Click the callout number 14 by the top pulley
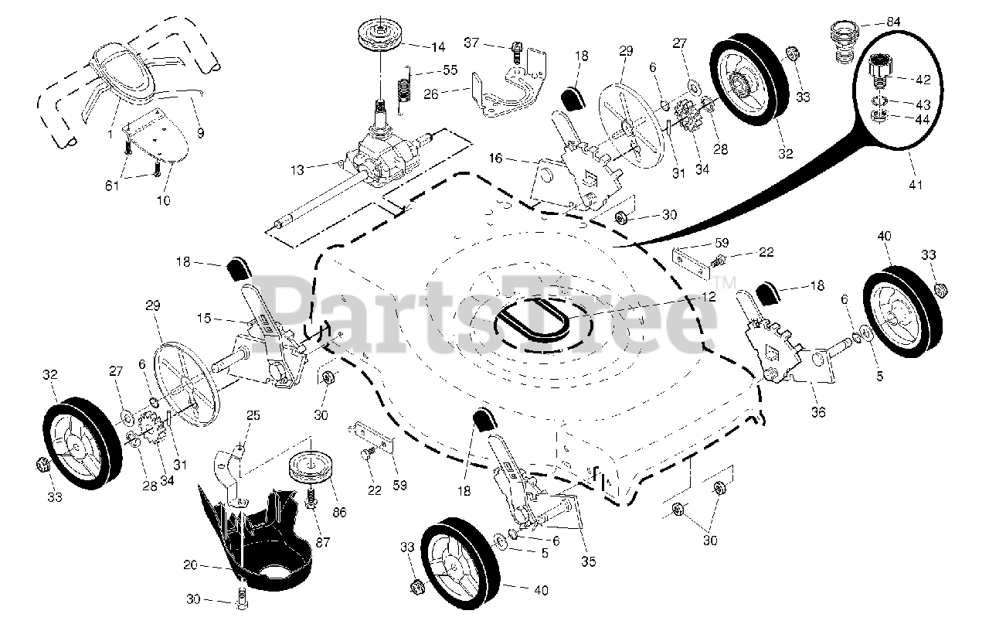coord(438,47)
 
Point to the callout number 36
coord(818,413)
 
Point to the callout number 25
coord(253,416)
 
